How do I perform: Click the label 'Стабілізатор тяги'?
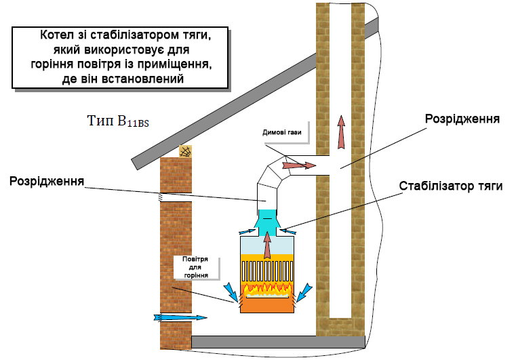tap(450, 186)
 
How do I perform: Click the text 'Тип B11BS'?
tap(118, 122)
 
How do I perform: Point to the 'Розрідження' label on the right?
tap(462, 119)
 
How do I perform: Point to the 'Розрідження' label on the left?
tap(47, 181)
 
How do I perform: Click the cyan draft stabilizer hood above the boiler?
tap(268, 220)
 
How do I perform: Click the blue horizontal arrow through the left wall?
tap(179, 317)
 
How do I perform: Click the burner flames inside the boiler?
tap(269, 290)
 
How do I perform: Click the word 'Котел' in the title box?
tap(58, 35)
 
